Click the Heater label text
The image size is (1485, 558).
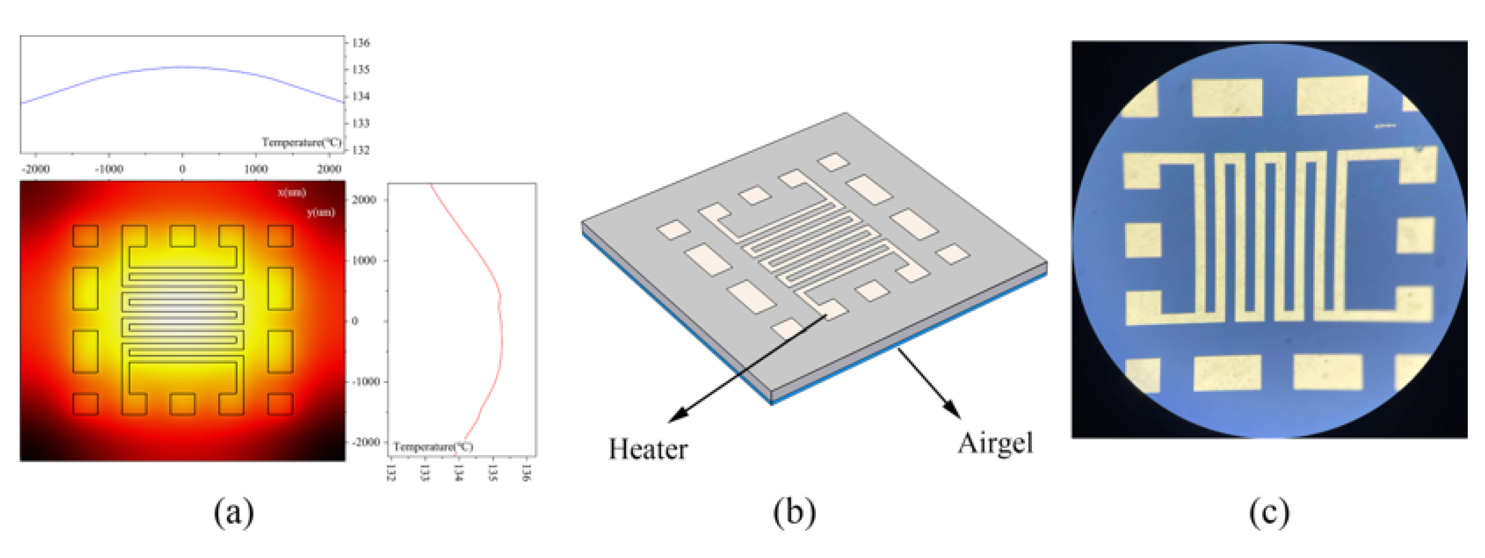tap(648, 450)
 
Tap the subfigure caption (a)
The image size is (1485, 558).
tap(234, 511)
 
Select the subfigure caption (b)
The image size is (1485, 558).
tap(794, 512)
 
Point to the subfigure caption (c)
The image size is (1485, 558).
tap(1270, 512)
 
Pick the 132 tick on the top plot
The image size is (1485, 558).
tap(361, 150)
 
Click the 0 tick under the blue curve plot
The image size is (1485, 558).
tap(182, 169)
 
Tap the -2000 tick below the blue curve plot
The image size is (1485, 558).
tap(35, 169)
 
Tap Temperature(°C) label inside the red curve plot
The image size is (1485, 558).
tap(433, 447)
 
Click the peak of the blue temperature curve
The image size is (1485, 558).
tap(182, 67)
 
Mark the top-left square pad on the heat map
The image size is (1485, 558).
tap(85, 236)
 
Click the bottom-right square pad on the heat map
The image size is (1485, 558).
tap(281, 404)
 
